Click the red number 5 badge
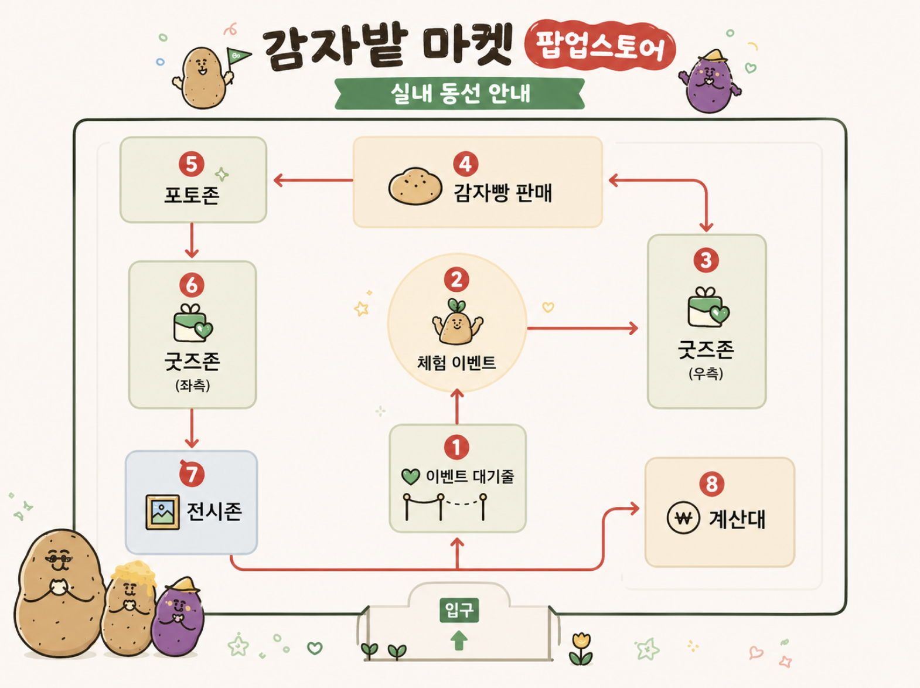click(191, 164)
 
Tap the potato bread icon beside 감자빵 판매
click(415, 186)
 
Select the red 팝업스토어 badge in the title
click(600, 45)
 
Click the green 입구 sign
click(459, 609)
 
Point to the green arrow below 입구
click(459, 640)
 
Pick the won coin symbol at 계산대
click(683, 518)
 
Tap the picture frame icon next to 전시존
click(163, 512)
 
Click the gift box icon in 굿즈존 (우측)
click(708, 307)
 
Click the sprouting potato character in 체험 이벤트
click(457, 322)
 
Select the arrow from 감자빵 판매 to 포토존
click(313, 180)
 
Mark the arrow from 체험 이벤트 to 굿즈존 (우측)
click(582, 328)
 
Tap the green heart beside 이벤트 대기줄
click(410, 476)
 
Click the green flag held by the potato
click(237, 56)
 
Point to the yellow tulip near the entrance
click(581, 649)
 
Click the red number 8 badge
click(712, 484)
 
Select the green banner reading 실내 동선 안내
click(460, 93)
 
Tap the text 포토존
click(192, 195)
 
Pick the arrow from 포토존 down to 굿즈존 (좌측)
click(192, 240)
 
